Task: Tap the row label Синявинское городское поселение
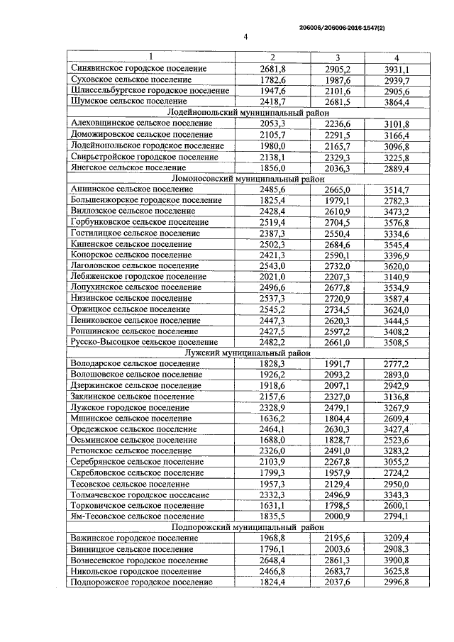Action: [x=139, y=69]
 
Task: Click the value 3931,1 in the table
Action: [x=397, y=69]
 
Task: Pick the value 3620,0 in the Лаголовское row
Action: [x=397, y=266]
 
